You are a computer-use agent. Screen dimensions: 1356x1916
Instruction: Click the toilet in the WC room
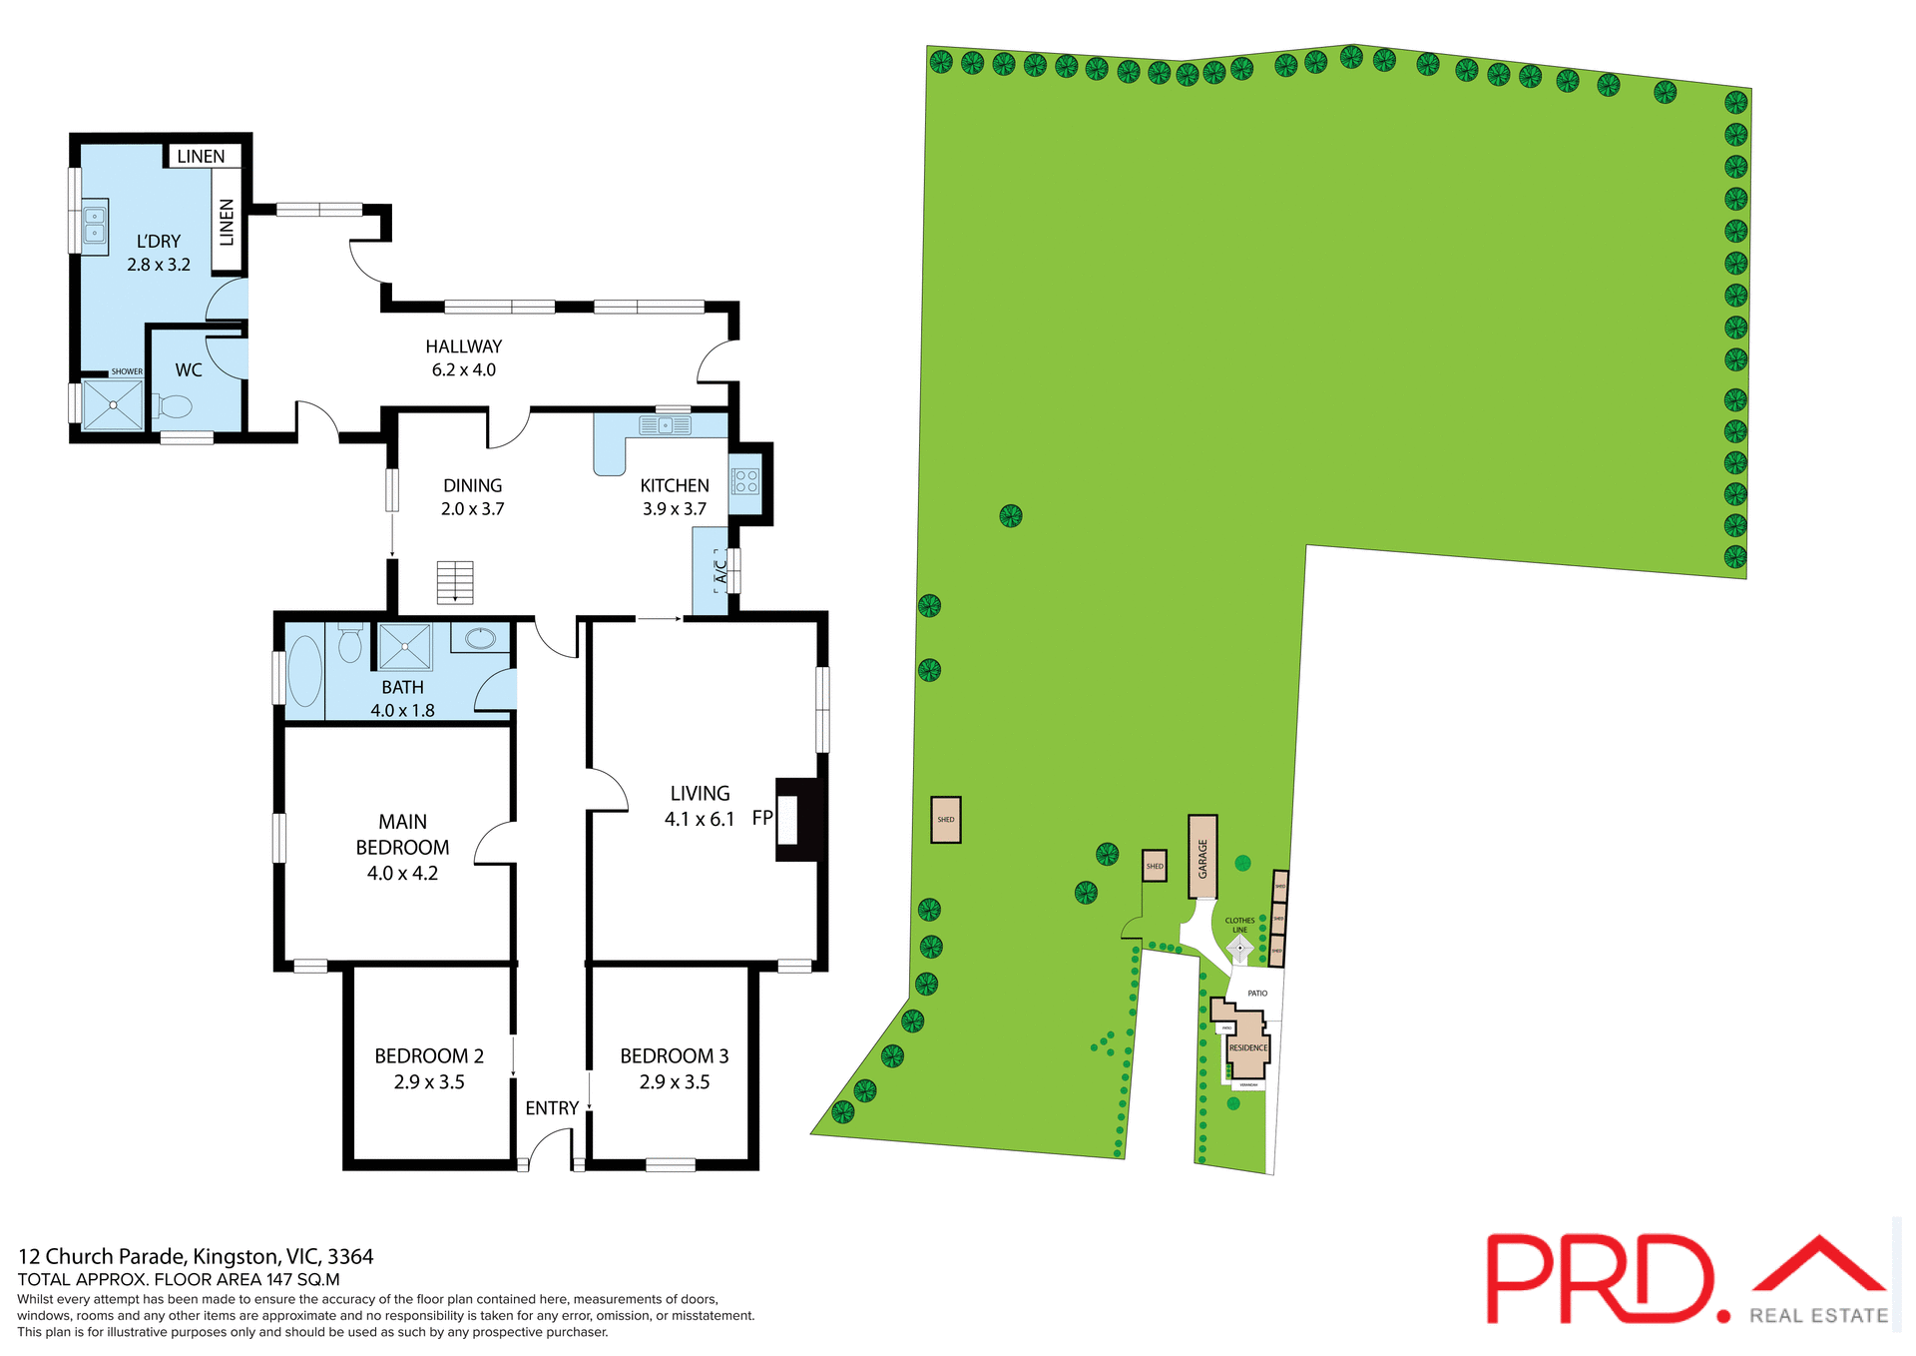(x=175, y=406)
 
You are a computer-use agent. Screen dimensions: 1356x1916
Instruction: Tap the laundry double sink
(x=95, y=225)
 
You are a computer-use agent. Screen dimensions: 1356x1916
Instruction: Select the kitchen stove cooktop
(x=745, y=481)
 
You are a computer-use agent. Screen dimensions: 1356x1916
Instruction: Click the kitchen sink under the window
(x=665, y=426)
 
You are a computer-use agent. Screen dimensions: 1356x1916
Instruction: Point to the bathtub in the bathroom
(x=304, y=671)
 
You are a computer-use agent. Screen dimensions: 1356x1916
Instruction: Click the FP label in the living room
(x=762, y=818)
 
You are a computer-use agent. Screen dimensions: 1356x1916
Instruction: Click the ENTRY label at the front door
(x=552, y=1108)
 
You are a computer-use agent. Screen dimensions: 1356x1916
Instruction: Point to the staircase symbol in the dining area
(x=455, y=582)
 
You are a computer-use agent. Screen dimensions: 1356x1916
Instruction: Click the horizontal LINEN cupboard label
(x=201, y=157)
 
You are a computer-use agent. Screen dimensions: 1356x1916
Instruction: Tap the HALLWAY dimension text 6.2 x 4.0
(x=463, y=369)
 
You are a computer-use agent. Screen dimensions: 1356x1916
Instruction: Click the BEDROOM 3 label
(x=674, y=1055)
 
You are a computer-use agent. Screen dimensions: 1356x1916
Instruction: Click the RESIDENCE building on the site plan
(x=1247, y=1046)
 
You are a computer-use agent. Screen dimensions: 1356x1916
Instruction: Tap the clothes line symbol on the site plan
(x=1239, y=948)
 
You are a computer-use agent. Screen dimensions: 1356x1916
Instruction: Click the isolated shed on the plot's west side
(x=945, y=820)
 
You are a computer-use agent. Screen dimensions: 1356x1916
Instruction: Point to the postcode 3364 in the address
(x=350, y=1256)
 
